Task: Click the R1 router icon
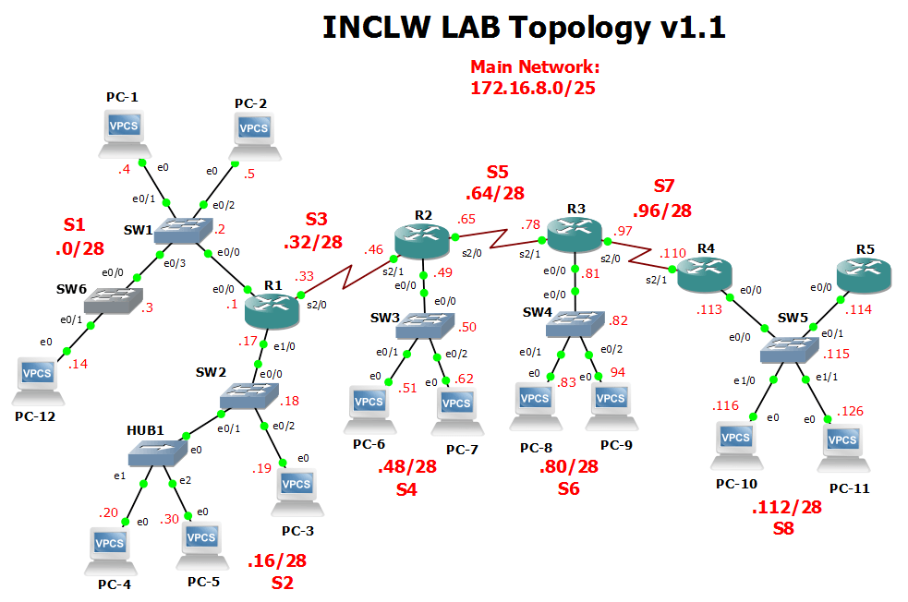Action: (272, 310)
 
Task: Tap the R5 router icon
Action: (863, 272)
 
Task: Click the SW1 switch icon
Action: (182, 230)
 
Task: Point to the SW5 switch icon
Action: (788, 348)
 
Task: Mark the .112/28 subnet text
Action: (785, 508)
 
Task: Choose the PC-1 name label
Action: (122, 97)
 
